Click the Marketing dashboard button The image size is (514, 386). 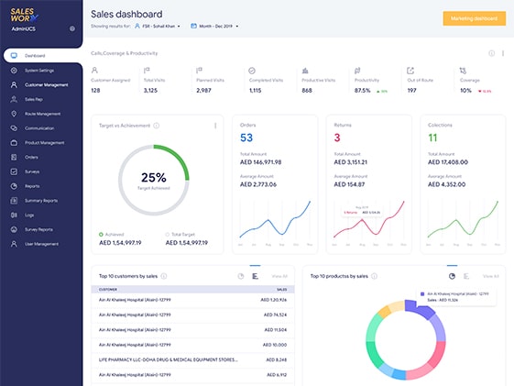pyautogui.click(x=473, y=18)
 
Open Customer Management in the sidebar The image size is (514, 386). pyautogui.click(x=46, y=84)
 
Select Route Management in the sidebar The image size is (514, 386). pyautogui.click(x=43, y=114)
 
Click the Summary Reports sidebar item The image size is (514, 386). pyautogui.click(x=41, y=200)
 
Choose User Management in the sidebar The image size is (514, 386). pyautogui.click(x=41, y=244)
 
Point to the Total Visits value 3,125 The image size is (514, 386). pyautogui.click(x=157, y=91)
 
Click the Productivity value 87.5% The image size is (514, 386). pyautogui.click(x=363, y=91)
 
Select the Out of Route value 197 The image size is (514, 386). pyautogui.click(x=413, y=91)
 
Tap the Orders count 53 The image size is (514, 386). pyautogui.click(x=246, y=138)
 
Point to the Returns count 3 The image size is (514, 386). pyautogui.click(x=337, y=138)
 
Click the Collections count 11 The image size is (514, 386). pyautogui.click(x=432, y=138)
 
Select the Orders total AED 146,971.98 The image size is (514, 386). pyautogui.click(x=261, y=161)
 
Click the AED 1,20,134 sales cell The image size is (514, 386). pyautogui.click(x=274, y=299)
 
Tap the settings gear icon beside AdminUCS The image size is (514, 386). pyautogui.click(x=72, y=28)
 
